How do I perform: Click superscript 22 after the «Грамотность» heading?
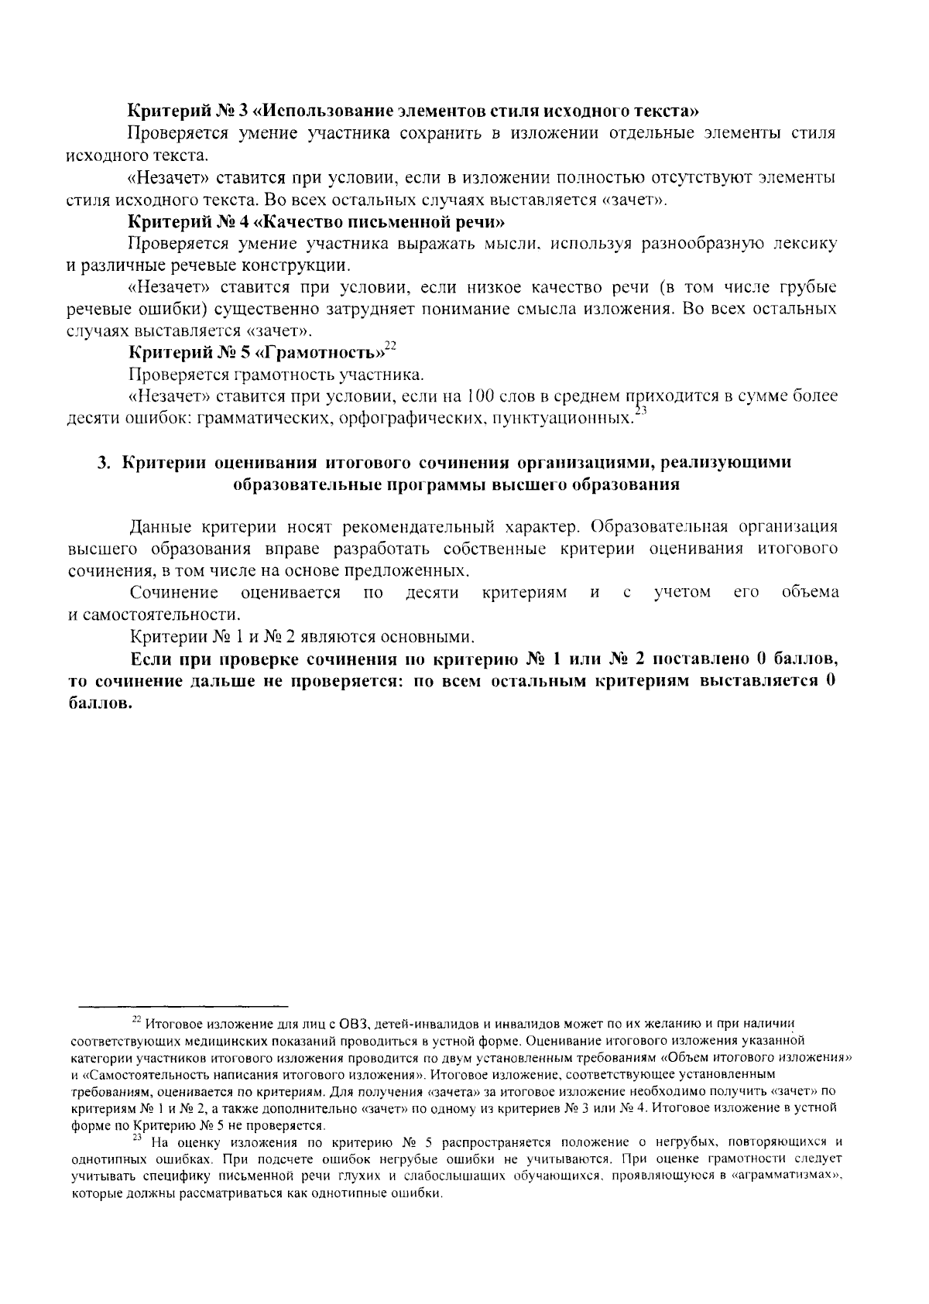[x=390, y=347]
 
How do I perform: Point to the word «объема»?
[x=810, y=593]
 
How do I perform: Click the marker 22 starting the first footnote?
[x=136, y=1019]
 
